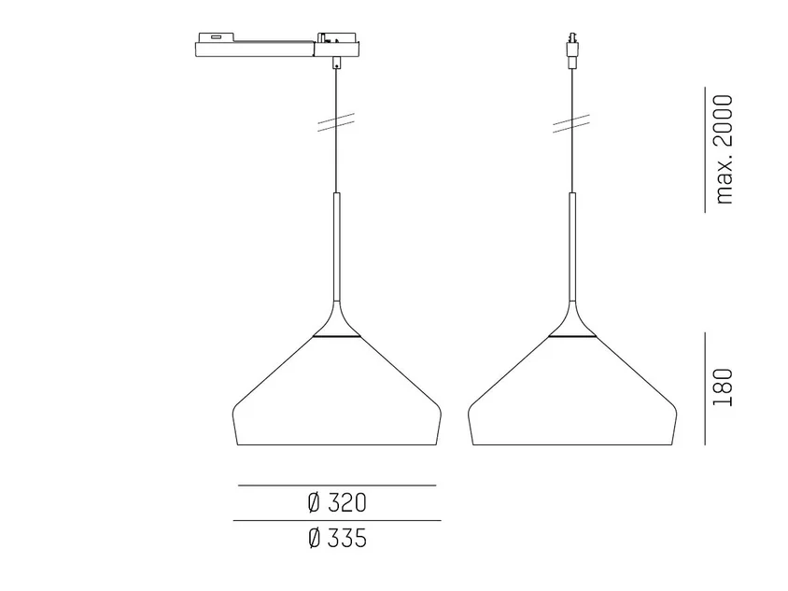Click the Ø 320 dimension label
[x=337, y=503]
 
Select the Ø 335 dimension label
[x=337, y=538]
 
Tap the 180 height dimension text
[x=724, y=387]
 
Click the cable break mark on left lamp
[x=336, y=122]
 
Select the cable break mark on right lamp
[x=571, y=123]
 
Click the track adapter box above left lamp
[x=277, y=45]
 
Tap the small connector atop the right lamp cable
[x=571, y=50]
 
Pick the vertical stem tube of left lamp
[x=336, y=246]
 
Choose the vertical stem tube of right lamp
[x=572, y=246]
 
